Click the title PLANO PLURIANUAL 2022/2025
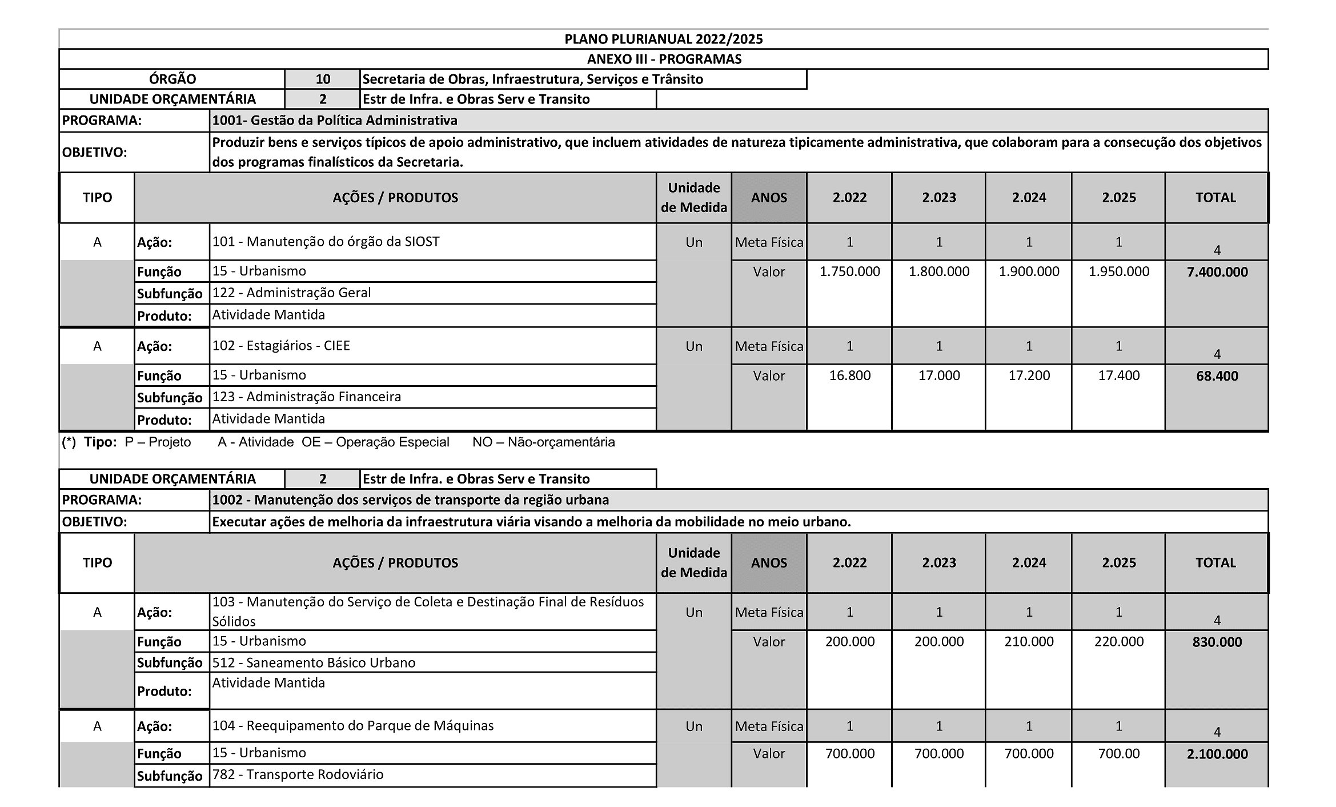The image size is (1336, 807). pos(663,39)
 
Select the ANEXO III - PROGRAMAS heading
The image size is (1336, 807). pos(664,59)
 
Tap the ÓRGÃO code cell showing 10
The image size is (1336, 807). pos(323,79)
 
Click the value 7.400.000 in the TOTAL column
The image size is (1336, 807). pos(1217,272)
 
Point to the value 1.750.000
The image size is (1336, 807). pos(849,271)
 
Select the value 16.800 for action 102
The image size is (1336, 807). pos(849,375)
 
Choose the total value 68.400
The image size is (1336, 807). pos(1217,376)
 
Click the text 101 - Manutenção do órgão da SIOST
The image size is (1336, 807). pos(326,241)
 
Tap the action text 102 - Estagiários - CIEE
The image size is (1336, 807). pos(281,345)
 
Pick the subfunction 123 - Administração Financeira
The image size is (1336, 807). pos(306,397)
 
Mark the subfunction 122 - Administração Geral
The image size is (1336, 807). pos(291,293)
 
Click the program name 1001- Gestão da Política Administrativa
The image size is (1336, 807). pos(335,121)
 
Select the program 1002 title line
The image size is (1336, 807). pos(410,500)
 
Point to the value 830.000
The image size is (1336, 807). pos(1217,642)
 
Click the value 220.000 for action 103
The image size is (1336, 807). pos(1118,641)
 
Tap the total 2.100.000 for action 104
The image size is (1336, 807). pos(1217,754)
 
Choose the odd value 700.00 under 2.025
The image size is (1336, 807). pos(1118,753)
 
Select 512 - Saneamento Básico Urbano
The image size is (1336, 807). pos(314,662)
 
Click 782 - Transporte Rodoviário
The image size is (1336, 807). pos(298,774)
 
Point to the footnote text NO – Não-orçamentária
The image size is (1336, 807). pos(543,442)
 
